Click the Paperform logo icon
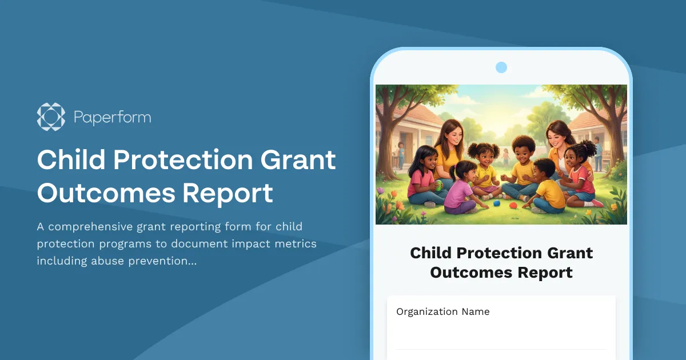pos(51,117)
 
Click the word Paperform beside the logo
pos(112,118)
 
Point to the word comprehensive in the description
pos(93,226)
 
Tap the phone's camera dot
pos(501,67)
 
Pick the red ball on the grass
pos(513,205)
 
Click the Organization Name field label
pos(442,311)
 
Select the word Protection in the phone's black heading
pos(501,253)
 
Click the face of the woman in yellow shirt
pos(449,135)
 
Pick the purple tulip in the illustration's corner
pos(381,191)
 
